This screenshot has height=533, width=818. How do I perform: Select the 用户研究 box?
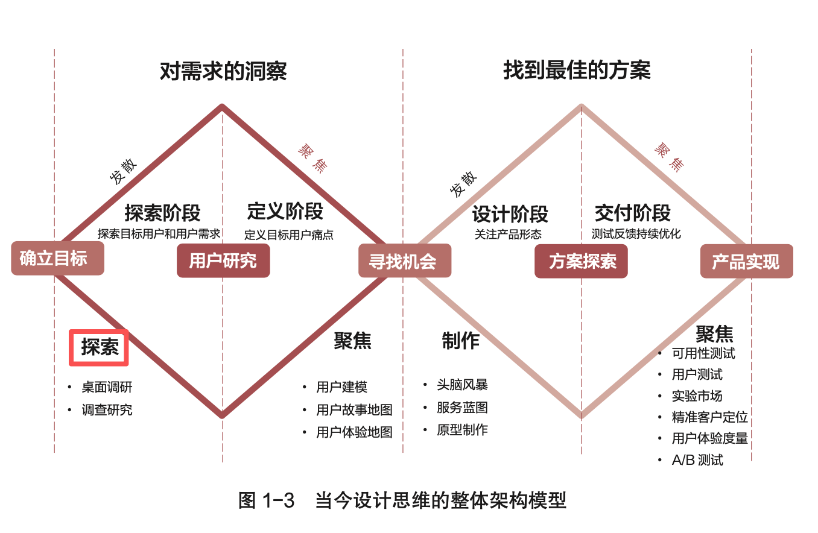pyautogui.click(x=223, y=260)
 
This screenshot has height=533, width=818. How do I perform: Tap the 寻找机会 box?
pyautogui.click(x=405, y=260)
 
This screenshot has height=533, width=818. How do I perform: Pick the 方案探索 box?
pyautogui.click(x=581, y=261)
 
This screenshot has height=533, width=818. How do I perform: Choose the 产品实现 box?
pyautogui.click(x=746, y=261)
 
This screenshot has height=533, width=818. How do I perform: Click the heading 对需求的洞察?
pyautogui.click(x=223, y=71)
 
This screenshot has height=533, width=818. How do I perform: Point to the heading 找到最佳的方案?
pyautogui.click(x=577, y=71)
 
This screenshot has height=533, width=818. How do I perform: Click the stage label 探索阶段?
pyautogui.click(x=162, y=213)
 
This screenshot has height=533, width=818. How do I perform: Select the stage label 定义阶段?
pyautogui.click(x=285, y=212)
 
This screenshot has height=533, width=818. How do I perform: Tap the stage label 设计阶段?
pyautogui.click(x=510, y=213)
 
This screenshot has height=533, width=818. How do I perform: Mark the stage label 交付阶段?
pyautogui.click(x=632, y=213)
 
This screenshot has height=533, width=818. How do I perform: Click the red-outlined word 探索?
pyautogui.click(x=100, y=347)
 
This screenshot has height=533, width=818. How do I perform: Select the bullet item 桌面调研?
pyautogui.click(x=107, y=388)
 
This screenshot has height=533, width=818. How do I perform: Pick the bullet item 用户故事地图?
pyautogui.click(x=354, y=410)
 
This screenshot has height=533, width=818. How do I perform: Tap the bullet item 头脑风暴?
pyautogui.click(x=462, y=385)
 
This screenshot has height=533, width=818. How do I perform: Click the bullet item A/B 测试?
pyautogui.click(x=697, y=460)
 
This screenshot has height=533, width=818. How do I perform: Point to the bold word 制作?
pyautogui.click(x=460, y=341)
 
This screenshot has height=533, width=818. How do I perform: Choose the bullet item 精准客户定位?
pyautogui.click(x=709, y=417)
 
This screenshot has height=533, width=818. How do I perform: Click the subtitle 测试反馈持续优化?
pyautogui.click(x=636, y=234)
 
